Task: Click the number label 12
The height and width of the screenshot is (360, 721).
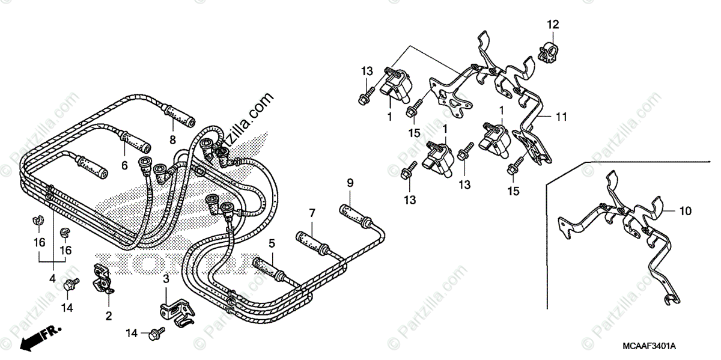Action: [552, 25]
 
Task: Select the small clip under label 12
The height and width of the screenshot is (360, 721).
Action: [547, 53]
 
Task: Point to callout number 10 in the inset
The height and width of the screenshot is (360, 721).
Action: [686, 211]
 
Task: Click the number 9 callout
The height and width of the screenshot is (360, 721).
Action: [349, 182]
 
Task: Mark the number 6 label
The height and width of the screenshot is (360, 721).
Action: [125, 166]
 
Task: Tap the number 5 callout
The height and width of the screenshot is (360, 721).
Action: [272, 243]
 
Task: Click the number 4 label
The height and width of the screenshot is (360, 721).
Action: [52, 279]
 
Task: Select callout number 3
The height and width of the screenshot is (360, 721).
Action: [166, 279]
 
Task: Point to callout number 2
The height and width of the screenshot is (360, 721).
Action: [109, 315]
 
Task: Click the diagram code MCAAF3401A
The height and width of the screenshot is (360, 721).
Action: [665, 346]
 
